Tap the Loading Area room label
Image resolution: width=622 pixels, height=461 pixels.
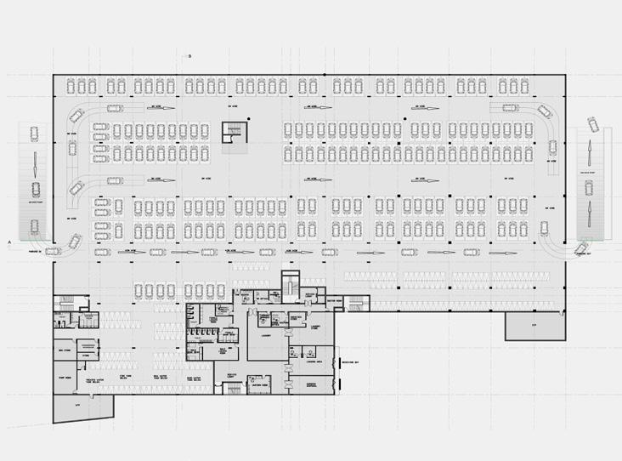coord(309,361)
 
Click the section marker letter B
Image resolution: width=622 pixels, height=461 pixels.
coord(190,56)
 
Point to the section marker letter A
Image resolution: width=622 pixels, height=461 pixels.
coord(8,243)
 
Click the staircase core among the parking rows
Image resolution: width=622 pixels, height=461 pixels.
coord(232,133)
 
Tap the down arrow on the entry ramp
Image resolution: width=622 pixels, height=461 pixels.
coord(35,162)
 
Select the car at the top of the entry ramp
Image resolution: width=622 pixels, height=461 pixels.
coord(35,134)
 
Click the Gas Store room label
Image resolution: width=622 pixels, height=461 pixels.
coord(65,350)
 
